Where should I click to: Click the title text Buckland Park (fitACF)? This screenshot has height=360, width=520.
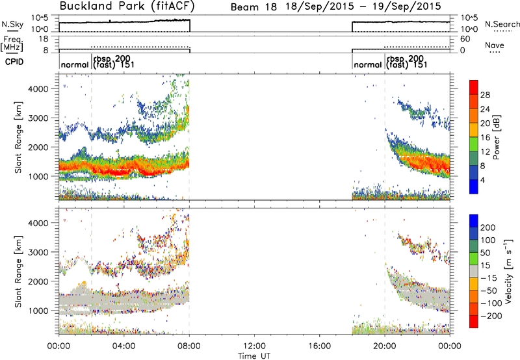click(127, 6)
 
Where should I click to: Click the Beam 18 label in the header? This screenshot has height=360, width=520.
click(253, 7)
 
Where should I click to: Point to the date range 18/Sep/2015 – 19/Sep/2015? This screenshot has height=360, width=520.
click(363, 6)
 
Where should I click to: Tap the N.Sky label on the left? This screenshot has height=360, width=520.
click(12, 24)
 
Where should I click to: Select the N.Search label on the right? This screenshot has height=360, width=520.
click(502, 24)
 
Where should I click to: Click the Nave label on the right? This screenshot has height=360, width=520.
click(495, 45)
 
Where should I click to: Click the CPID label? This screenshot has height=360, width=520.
click(14, 62)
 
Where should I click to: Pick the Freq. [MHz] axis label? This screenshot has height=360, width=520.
click(12, 44)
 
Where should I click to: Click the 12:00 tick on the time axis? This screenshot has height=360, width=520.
click(254, 346)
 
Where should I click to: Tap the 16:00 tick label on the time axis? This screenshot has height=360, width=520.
click(319, 346)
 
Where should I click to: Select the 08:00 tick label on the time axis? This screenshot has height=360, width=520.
click(189, 346)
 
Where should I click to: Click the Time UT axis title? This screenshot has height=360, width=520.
click(254, 356)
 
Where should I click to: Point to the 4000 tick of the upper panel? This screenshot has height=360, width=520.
click(38, 89)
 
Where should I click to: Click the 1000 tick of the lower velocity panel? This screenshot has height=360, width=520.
click(38, 311)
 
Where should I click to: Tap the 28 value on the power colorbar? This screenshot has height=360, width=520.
click(485, 95)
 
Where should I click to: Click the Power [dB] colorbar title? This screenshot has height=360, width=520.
click(497, 137)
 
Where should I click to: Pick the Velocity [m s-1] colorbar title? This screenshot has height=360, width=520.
click(508, 271)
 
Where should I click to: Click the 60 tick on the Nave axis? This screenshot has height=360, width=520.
click(465, 39)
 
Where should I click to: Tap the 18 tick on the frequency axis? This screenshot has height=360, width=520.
click(44, 39)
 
